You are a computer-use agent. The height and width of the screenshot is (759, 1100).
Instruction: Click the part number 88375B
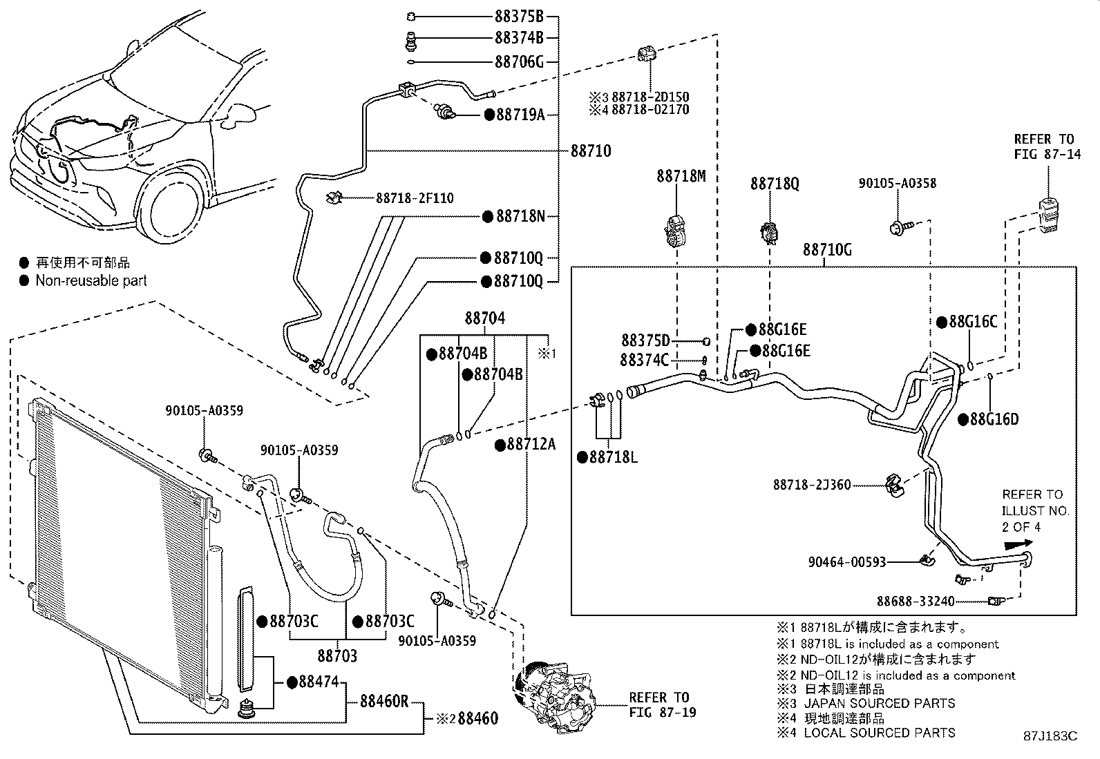click(519, 17)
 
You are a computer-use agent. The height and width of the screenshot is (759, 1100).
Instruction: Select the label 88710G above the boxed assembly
click(826, 249)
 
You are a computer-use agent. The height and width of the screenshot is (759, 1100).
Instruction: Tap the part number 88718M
click(681, 177)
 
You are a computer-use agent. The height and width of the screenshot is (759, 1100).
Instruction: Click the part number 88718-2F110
click(415, 198)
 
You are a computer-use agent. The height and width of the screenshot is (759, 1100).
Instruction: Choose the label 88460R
click(384, 702)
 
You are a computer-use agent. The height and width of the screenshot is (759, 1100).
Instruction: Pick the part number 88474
click(318, 682)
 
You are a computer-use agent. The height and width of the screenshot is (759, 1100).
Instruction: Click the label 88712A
click(531, 444)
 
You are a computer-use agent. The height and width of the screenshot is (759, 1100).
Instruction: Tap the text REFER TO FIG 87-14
click(1047, 147)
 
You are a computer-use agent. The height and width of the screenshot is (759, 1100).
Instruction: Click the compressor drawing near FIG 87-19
click(553, 691)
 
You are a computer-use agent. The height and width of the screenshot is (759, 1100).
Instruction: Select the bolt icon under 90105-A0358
click(900, 225)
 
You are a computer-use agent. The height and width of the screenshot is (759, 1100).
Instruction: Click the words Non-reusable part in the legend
click(91, 280)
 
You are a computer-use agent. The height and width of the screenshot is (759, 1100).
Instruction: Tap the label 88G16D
click(994, 419)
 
